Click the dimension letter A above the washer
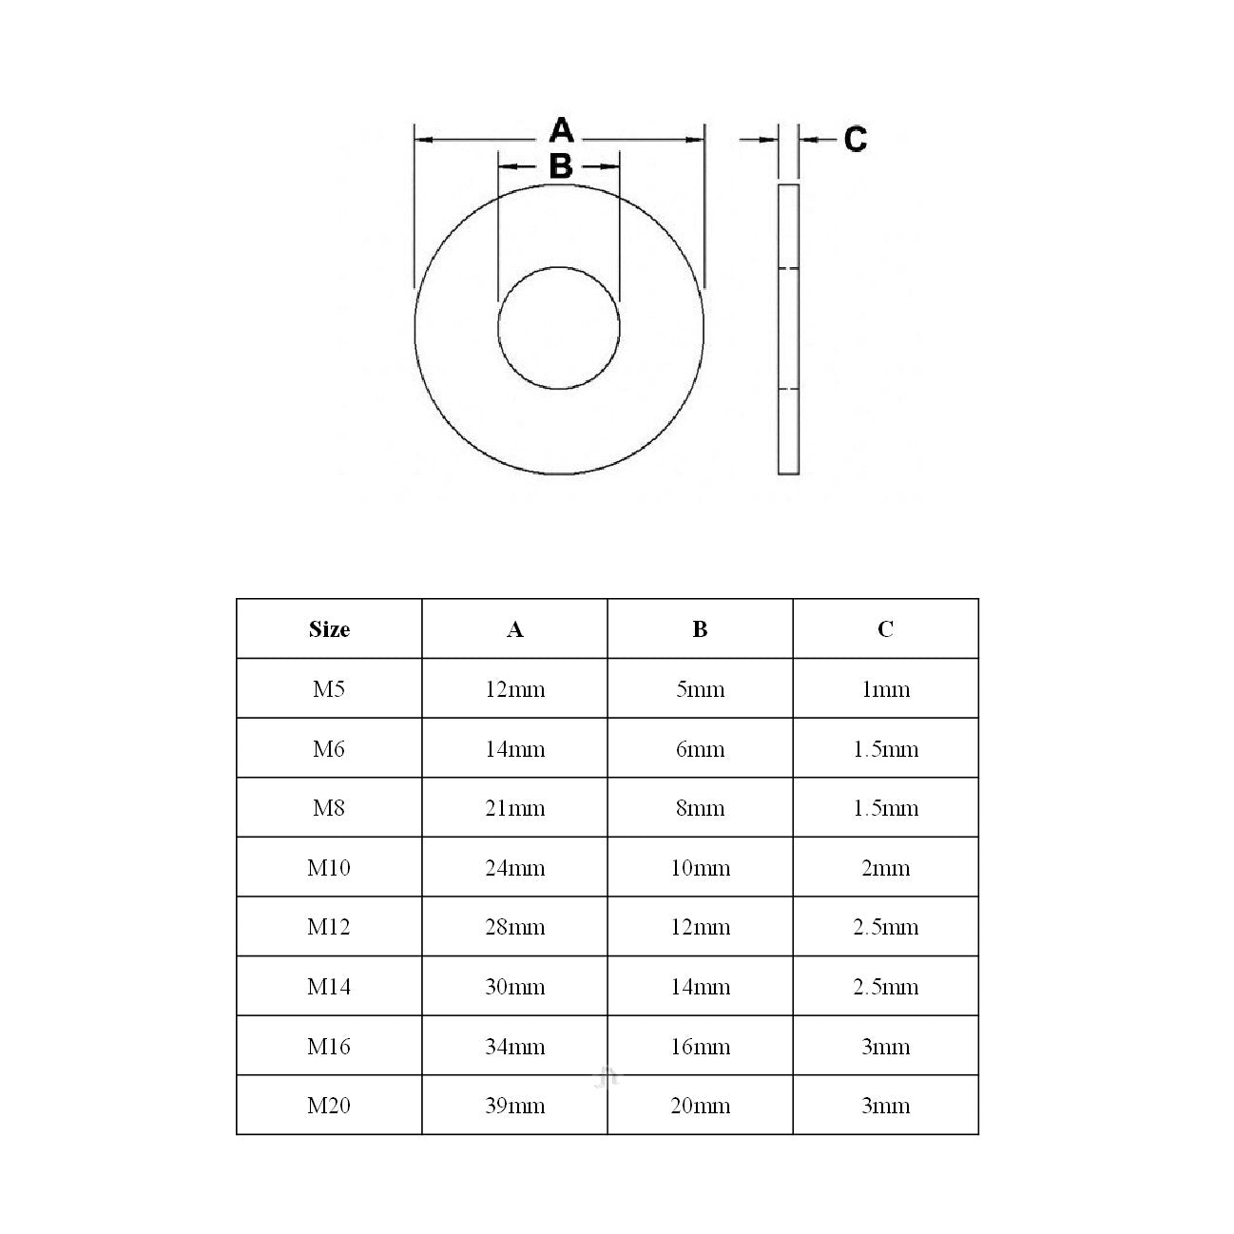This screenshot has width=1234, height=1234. (x=561, y=130)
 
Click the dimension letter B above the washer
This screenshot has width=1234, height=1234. (x=561, y=166)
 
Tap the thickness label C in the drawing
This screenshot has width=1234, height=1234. (x=856, y=140)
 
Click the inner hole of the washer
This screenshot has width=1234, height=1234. (x=559, y=328)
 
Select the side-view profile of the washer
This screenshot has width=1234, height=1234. (x=788, y=328)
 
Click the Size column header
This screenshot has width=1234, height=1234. (x=329, y=629)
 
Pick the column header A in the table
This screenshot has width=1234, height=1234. (x=514, y=629)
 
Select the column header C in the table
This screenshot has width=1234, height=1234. (x=885, y=629)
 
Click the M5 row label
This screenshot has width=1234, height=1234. (x=329, y=689)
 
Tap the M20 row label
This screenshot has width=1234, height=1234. (x=329, y=1106)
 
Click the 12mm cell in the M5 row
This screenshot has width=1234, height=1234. (x=514, y=689)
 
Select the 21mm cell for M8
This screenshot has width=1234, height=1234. (x=514, y=808)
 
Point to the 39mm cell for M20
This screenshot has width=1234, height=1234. (x=514, y=1106)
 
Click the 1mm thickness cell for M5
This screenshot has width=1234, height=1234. (x=885, y=689)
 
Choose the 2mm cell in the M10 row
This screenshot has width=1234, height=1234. (x=885, y=868)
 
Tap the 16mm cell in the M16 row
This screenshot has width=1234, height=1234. (x=701, y=1047)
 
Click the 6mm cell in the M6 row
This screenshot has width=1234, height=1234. (x=701, y=749)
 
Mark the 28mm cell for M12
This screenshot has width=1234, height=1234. (x=514, y=927)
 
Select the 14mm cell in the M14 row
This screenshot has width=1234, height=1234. (x=701, y=987)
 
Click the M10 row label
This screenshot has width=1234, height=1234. (x=329, y=868)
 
